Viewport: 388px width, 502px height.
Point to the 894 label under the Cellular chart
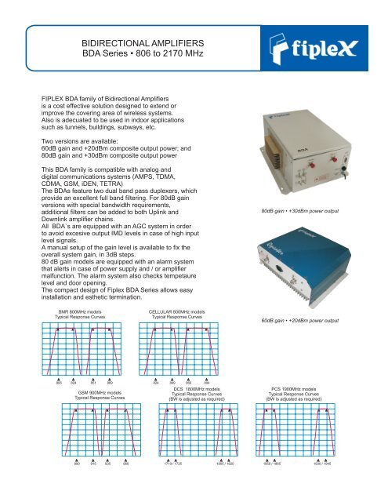(208, 384)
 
